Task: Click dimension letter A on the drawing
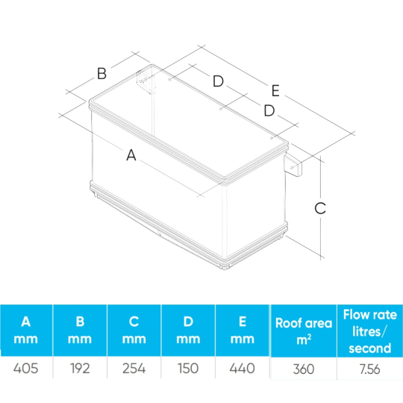(x=131, y=155)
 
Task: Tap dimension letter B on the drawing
(x=101, y=73)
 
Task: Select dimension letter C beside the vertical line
(x=320, y=208)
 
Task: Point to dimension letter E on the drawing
(x=275, y=91)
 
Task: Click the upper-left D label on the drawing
(x=218, y=81)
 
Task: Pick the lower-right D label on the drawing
(x=269, y=110)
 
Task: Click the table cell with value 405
(x=25, y=369)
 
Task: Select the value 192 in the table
(x=80, y=369)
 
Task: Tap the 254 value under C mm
(x=134, y=369)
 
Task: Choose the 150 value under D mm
(x=188, y=369)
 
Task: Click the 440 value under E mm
(x=242, y=369)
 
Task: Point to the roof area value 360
(x=304, y=369)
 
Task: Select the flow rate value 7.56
(x=370, y=369)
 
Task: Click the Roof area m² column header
(x=304, y=331)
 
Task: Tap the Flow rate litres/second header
(x=370, y=331)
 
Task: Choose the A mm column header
(x=25, y=330)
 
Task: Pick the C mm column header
(x=134, y=330)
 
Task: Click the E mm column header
(x=242, y=330)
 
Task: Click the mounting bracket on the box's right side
(x=293, y=166)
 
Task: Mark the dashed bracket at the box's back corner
(x=146, y=81)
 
